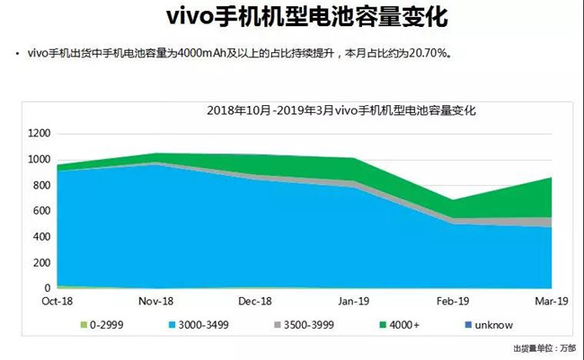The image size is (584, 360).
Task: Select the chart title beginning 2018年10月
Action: click(341, 111)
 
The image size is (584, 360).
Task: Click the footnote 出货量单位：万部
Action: click(544, 347)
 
